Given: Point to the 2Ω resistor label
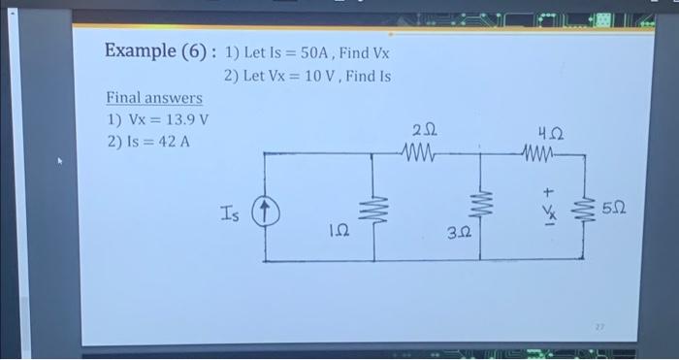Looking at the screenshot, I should click(424, 129).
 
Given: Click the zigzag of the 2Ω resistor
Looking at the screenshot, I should click(421, 151).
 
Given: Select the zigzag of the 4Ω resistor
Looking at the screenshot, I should click(540, 151).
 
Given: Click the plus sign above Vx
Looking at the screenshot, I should click(546, 193).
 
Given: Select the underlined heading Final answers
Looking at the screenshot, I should click(154, 98).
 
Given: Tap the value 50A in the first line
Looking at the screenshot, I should click(308, 51).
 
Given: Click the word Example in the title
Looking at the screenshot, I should click(138, 50).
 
